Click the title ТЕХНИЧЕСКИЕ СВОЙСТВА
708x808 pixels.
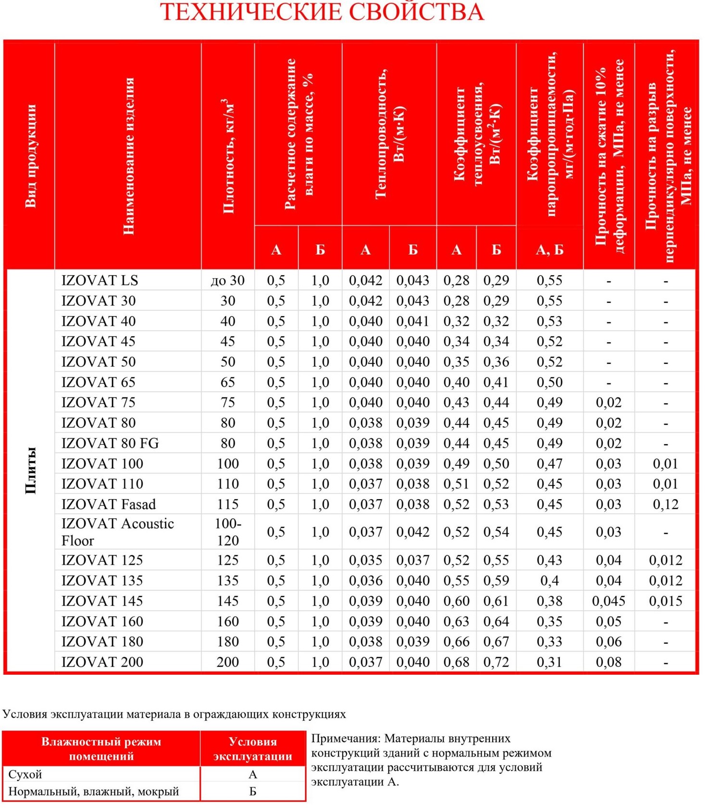pos(322,12)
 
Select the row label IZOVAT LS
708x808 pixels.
pos(100,280)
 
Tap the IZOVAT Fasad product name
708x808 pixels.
pos(109,504)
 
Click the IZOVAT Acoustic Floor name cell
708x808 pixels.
pos(118,532)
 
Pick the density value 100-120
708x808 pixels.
pos(228,532)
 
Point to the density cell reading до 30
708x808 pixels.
pos(228,280)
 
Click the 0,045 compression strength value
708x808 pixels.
pos(609,601)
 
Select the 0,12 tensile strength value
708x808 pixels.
pos(666,504)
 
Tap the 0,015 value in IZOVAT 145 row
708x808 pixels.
pos(666,601)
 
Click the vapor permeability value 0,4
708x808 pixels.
pos(549,581)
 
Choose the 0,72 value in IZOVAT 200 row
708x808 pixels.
pos(496,662)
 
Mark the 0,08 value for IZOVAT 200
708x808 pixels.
pos(609,662)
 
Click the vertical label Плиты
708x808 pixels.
pos(30,470)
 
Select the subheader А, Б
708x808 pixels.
pos(549,250)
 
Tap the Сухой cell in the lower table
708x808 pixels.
pos(25,774)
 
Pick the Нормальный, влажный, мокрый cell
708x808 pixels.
pos(94,791)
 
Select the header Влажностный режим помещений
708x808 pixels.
pos(101,748)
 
